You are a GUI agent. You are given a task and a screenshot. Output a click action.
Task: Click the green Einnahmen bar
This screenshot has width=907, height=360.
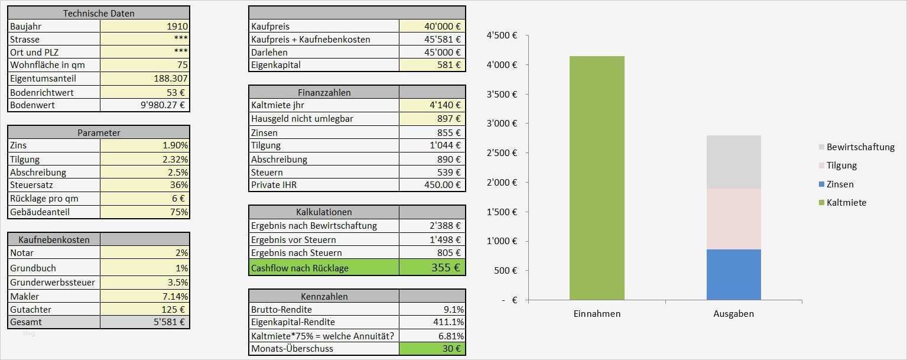pos(597,178)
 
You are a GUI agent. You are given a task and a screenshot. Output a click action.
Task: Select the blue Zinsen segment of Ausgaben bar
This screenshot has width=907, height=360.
pos(733,274)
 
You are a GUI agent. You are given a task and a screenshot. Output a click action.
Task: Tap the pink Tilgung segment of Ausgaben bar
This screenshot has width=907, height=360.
pos(733,219)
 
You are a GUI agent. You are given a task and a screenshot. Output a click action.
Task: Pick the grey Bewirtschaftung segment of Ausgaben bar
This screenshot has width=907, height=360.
pos(733,162)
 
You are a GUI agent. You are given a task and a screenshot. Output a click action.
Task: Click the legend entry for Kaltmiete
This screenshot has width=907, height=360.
pos(846,203)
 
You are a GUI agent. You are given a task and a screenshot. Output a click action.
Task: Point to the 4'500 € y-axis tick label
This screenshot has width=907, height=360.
pos(502,35)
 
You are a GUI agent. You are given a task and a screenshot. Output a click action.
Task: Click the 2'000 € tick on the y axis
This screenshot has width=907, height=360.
pos(502,183)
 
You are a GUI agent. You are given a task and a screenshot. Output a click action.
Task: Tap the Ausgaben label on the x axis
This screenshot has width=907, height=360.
pos(733,314)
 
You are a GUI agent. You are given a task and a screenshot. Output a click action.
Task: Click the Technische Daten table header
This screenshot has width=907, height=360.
pos(99,13)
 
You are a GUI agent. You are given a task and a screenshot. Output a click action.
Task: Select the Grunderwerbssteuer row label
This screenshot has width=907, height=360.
pos(53,282)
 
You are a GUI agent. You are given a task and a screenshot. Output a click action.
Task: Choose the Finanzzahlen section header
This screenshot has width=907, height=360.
pos(324,93)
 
